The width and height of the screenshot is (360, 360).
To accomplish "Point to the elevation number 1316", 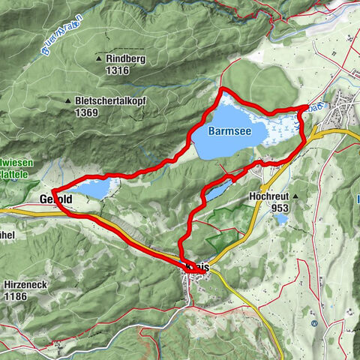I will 118,70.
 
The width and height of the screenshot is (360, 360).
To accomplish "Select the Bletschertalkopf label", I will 112,100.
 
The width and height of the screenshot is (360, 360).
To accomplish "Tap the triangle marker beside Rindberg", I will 99,58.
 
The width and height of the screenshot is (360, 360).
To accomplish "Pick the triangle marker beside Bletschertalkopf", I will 68,100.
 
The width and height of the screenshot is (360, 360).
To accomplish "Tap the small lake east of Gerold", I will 96,189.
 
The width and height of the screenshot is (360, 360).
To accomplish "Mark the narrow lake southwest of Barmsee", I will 220,190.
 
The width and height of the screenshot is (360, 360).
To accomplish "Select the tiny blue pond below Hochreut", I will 280,220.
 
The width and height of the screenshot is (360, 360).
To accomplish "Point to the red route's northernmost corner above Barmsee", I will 221,91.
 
